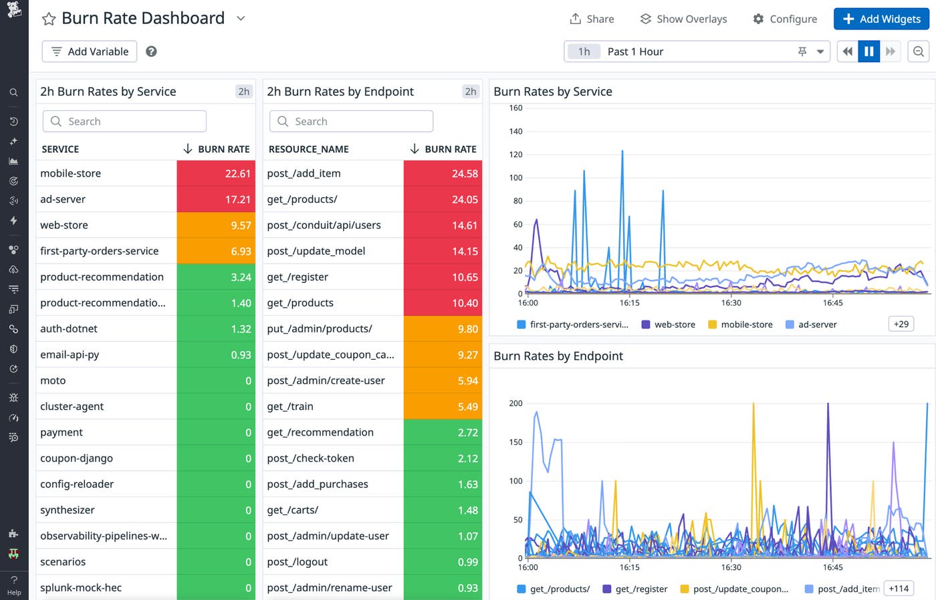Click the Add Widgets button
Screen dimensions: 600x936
click(881, 19)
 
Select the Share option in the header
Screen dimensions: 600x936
click(592, 19)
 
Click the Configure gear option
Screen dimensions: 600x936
click(785, 19)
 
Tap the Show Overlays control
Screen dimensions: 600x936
click(683, 19)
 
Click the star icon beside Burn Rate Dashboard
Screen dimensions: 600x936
click(49, 19)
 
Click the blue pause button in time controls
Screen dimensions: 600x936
click(868, 52)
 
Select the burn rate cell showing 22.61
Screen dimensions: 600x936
click(216, 173)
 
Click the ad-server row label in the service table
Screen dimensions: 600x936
click(63, 199)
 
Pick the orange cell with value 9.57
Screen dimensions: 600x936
click(216, 225)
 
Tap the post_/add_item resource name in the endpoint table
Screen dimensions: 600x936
click(304, 173)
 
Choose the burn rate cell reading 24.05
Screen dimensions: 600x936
click(443, 199)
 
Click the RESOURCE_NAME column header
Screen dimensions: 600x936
click(308, 149)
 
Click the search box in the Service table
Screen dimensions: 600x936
click(125, 121)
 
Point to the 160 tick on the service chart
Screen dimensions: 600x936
click(515, 108)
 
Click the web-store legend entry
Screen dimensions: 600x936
click(669, 324)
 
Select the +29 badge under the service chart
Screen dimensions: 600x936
click(901, 324)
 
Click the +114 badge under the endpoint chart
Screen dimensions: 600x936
click(899, 589)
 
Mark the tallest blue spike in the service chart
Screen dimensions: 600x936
click(622, 153)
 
